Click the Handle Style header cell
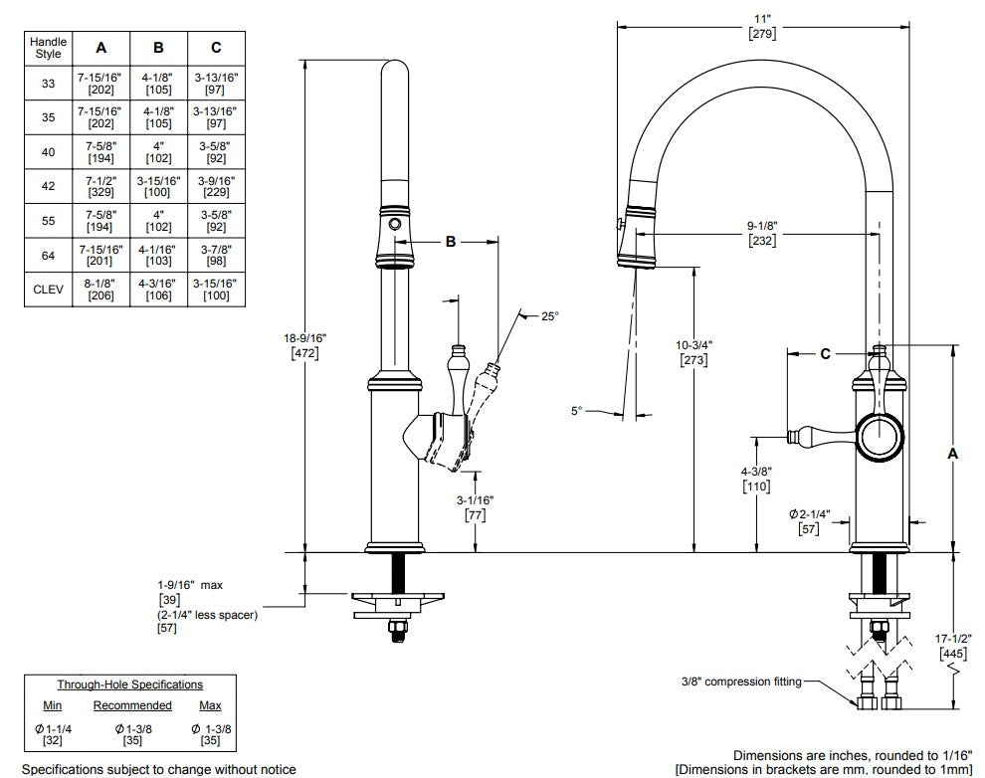click(49, 49)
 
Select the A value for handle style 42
click(101, 186)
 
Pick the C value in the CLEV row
click(216, 290)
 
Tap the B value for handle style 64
click(158, 255)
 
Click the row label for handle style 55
click(49, 221)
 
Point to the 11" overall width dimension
click(762, 27)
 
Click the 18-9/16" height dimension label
click(304, 345)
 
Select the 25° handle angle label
click(549, 316)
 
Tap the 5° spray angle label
click(577, 411)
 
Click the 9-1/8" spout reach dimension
click(762, 233)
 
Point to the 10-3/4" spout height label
click(694, 352)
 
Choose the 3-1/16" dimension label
click(475, 508)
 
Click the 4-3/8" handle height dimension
click(756, 479)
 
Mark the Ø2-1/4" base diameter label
click(810, 521)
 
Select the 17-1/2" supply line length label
click(953, 646)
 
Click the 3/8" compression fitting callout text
click(741, 681)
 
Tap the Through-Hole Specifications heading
click(130, 684)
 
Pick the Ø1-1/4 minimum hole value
click(53, 734)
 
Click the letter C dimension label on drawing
click(825, 354)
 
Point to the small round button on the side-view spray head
click(395, 224)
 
